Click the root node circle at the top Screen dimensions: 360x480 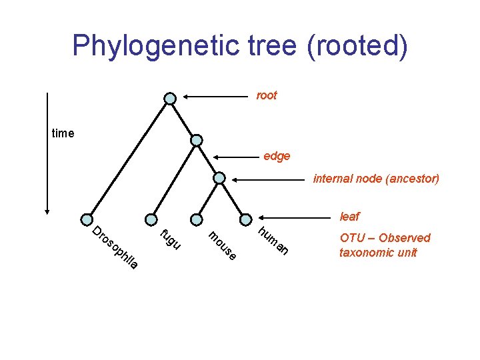point(170,99)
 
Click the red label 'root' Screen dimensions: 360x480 point(267,96)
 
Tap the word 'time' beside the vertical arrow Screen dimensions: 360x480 point(63,133)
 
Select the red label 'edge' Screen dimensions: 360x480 point(277,156)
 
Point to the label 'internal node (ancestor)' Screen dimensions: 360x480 point(376,179)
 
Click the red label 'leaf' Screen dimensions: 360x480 point(349,217)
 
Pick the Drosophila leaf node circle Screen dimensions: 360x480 point(87,219)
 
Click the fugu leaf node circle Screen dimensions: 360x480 point(150,219)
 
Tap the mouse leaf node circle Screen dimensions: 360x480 point(197,219)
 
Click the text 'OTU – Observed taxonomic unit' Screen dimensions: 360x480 point(385,245)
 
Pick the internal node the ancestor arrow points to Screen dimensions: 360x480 point(219,178)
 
